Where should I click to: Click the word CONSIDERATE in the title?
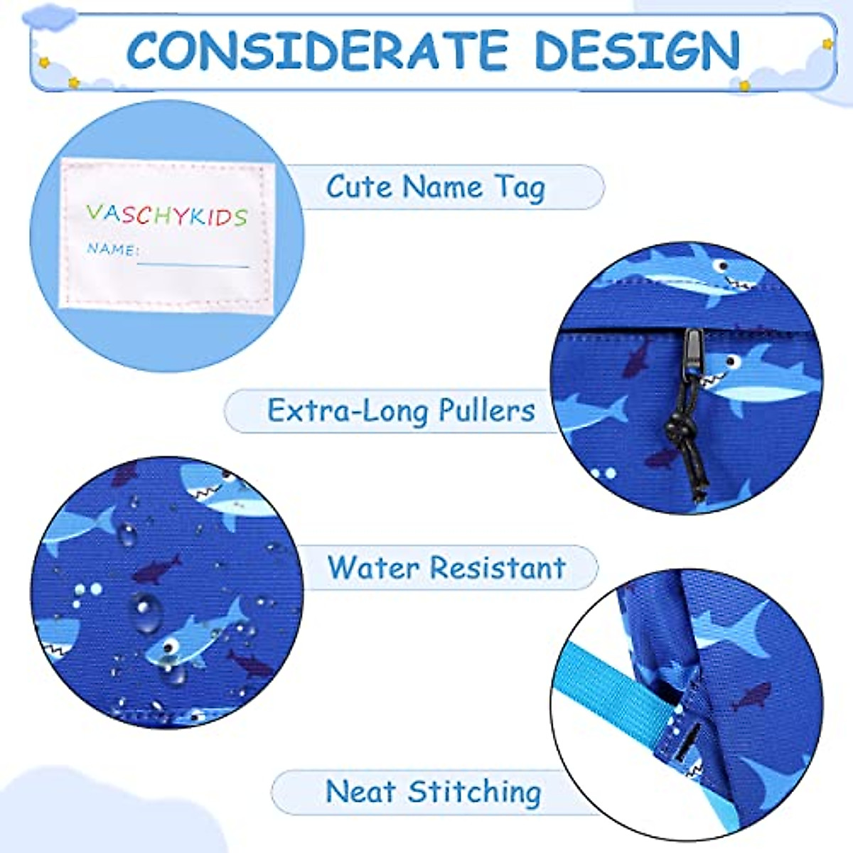click(317, 50)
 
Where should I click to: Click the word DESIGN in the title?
click(637, 50)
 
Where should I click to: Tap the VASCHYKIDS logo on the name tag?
click(166, 214)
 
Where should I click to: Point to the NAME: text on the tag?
click(112, 249)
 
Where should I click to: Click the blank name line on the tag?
click(193, 264)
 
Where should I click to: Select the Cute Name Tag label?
click(435, 188)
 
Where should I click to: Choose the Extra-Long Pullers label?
click(401, 411)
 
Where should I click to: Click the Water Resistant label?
click(446, 567)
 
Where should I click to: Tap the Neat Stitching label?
click(432, 792)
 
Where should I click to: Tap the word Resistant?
click(498, 567)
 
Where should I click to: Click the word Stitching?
click(475, 792)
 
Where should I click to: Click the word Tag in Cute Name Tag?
click(520, 188)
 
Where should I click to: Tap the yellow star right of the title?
click(827, 44)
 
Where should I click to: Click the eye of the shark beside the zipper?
click(730, 362)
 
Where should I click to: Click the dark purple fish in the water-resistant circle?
click(158, 567)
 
